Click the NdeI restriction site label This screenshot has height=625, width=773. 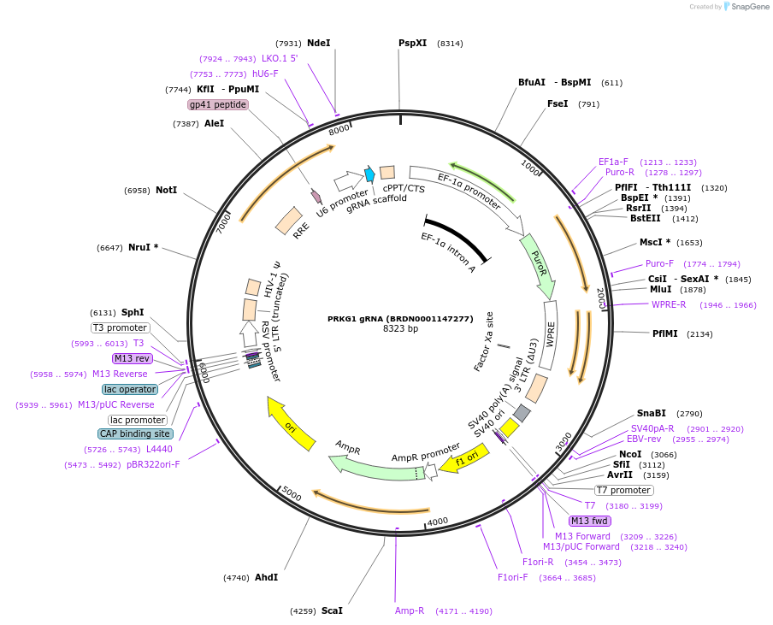[x=318, y=43]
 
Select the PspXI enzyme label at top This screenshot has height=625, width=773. [x=412, y=43]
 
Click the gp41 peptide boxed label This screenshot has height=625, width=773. [x=218, y=104]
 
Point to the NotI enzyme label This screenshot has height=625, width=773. [x=166, y=190]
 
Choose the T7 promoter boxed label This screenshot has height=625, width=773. [x=623, y=490]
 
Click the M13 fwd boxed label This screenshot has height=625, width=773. [x=589, y=521]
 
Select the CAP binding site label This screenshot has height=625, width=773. [x=135, y=433]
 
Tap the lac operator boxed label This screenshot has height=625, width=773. [x=130, y=389]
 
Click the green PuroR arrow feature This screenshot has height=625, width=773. [x=539, y=266]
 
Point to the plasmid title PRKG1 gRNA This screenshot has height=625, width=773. [x=399, y=318]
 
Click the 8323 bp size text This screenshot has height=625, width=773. [x=399, y=328]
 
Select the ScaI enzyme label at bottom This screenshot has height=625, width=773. [x=332, y=610]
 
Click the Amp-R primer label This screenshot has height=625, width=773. [x=410, y=610]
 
